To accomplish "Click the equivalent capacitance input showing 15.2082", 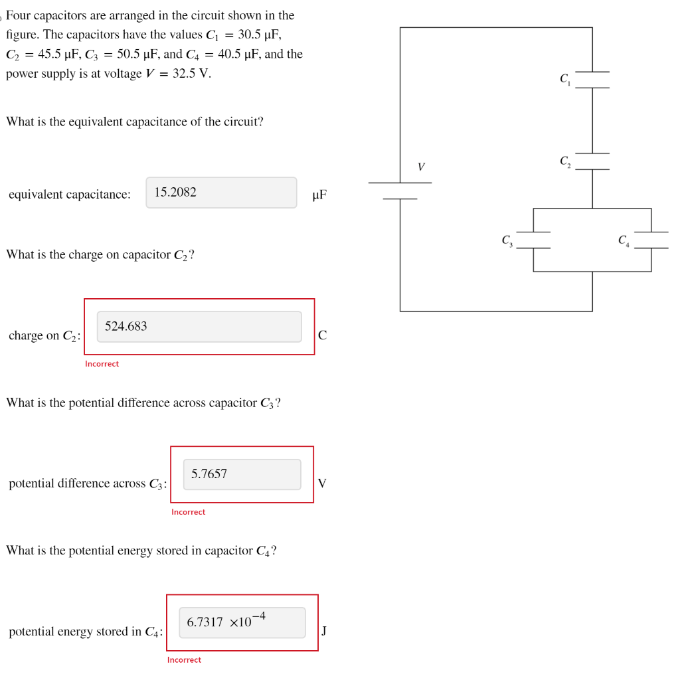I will click(x=221, y=193).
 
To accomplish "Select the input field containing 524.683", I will click(x=199, y=327).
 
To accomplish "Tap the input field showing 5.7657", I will click(x=242, y=474).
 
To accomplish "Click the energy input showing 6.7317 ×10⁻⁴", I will click(x=242, y=622).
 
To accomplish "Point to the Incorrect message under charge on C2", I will click(x=102, y=364).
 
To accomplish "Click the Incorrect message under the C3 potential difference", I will click(x=188, y=512).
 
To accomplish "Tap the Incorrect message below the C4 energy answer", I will click(x=184, y=659).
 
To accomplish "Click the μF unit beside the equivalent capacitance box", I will click(x=319, y=195).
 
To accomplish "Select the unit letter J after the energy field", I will click(x=323, y=631).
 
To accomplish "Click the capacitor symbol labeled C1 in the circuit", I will click(x=592, y=80).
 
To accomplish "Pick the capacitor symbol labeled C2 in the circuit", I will click(x=592, y=161).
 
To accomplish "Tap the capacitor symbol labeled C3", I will click(x=533, y=240).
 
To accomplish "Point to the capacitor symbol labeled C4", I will click(x=651, y=240).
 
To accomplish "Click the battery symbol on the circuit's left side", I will click(x=400, y=191).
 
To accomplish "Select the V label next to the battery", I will click(x=421, y=167).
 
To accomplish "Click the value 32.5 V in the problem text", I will click(x=191, y=74).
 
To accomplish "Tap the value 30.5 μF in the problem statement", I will click(x=259, y=35).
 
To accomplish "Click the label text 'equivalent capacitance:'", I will click(x=70, y=195).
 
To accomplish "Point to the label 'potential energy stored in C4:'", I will click(x=86, y=632).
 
